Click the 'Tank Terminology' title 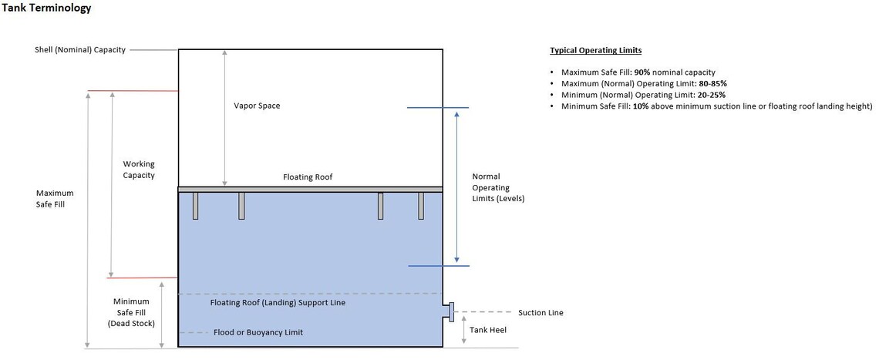click(x=46, y=8)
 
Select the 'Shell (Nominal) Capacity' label click(x=80, y=50)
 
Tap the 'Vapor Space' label click(x=257, y=106)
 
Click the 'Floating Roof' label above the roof click(x=308, y=177)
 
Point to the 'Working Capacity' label click(x=139, y=170)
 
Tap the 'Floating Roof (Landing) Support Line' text click(x=278, y=303)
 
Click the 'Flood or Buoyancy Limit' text click(x=258, y=332)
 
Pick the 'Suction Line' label click(x=541, y=313)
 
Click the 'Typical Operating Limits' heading click(x=595, y=50)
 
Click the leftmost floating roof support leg click(x=195, y=206)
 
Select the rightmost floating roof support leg click(x=421, y=206)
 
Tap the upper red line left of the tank click(x=133, y=91)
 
